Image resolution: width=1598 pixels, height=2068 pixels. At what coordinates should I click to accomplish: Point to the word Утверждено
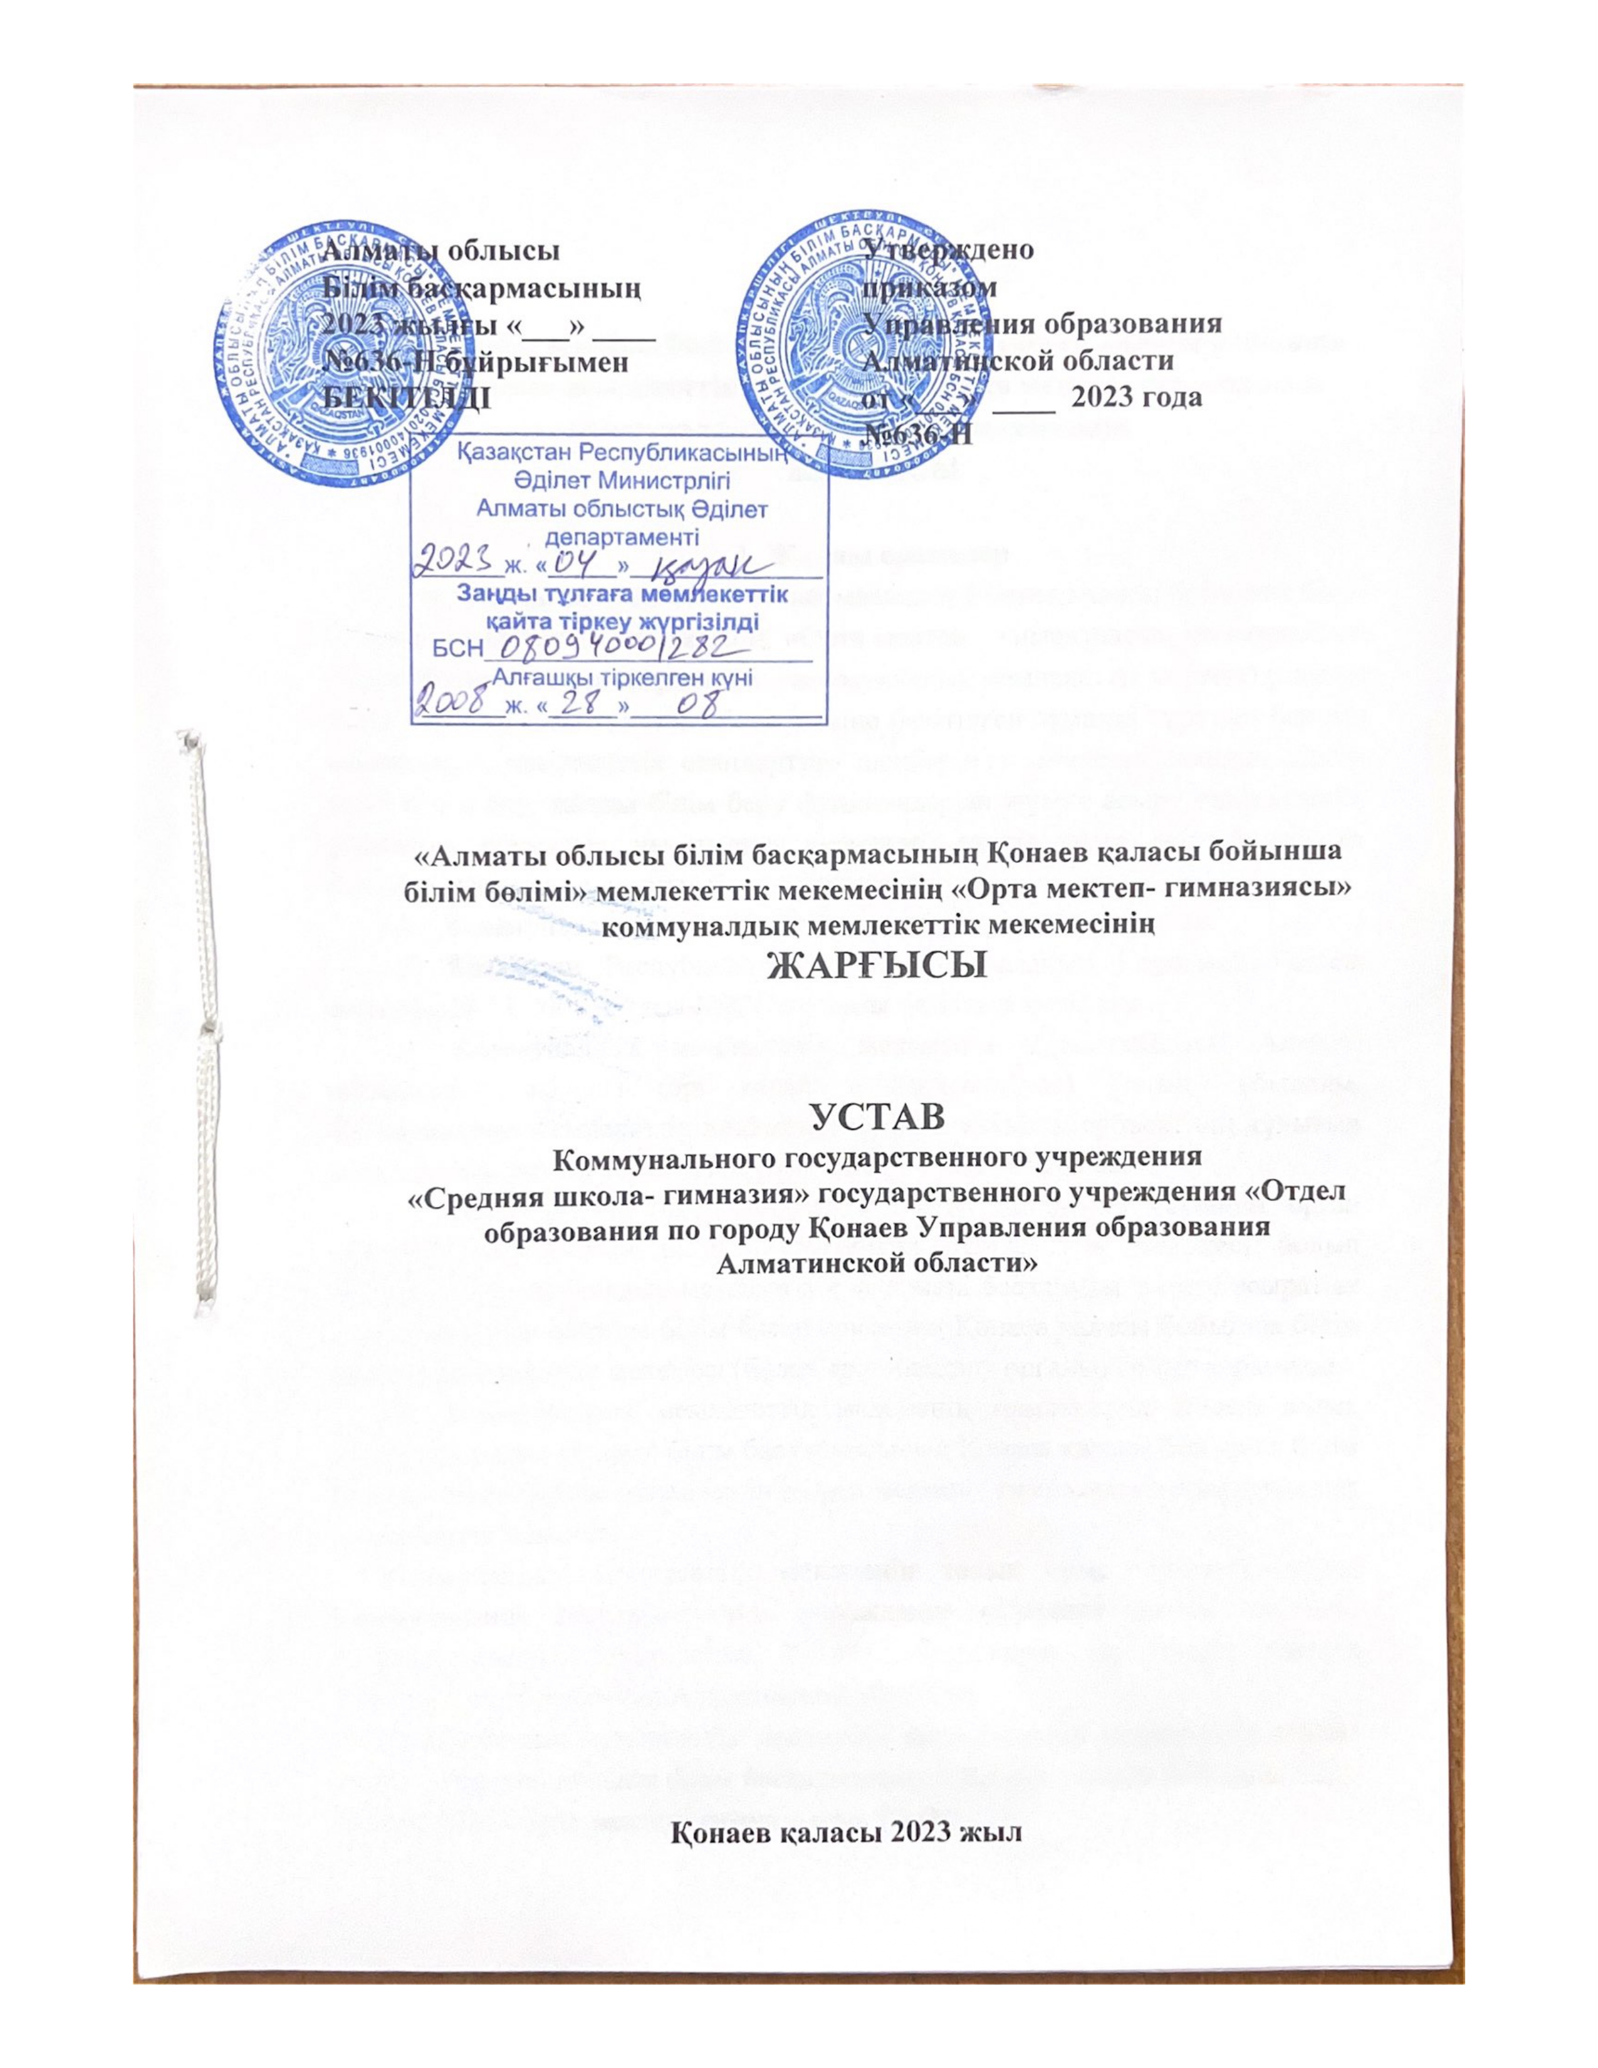[x=951, y=251]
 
